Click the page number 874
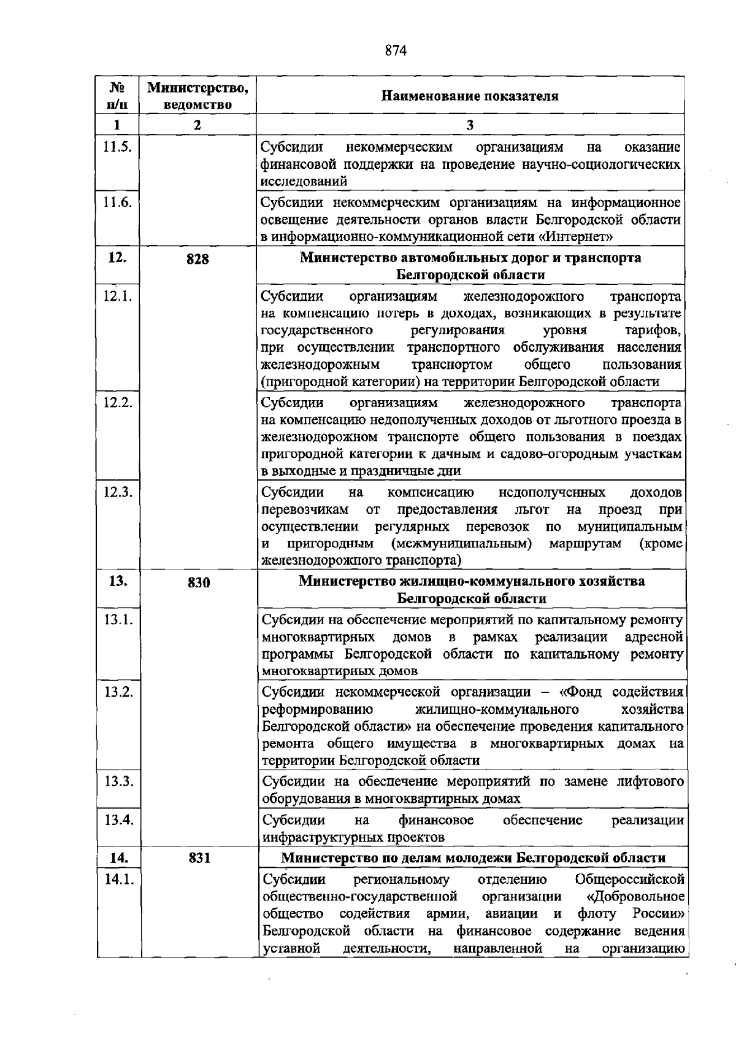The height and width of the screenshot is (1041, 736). click(x=396, y=50)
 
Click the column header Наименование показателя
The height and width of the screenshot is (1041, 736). click(x=470, y=96)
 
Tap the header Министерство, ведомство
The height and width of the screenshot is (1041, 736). click(x=197, y=96)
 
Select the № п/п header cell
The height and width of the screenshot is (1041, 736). click(x=117, y=96)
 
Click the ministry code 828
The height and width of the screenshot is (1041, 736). click(x=197, y=259)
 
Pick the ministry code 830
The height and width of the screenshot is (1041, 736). click(x=199, y=582)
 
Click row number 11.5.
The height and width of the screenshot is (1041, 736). click(x=117, y=147)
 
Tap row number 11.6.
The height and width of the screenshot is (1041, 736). click(x=117, y=203)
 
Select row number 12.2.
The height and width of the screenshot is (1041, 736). click(x=118, y=403)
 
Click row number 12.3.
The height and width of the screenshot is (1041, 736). click(x=118, y=492)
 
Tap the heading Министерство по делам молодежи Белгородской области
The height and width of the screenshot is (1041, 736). click(x=473, y=857)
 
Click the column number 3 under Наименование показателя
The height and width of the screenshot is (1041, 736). click(x=470, y=125)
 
